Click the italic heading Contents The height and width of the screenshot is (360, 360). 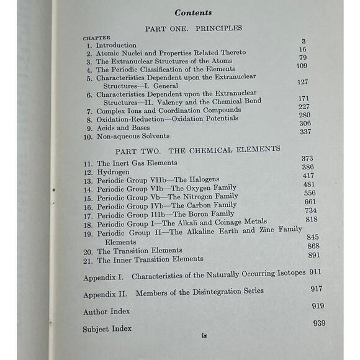tap(192, 12)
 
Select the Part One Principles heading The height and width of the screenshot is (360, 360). tap(193, 28)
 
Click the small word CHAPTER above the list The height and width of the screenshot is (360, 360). tap(97, 38)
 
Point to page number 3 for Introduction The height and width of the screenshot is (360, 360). tap(304, 41)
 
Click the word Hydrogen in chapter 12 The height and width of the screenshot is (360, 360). tap(114, 172)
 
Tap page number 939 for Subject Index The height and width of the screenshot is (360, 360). tap(319, 323)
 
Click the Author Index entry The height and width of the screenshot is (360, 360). tap(107, 312)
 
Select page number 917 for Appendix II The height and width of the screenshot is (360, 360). tap(317, 289)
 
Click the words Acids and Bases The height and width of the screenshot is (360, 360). tap(124, 127)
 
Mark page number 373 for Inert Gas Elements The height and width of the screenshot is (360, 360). tap(307, 159)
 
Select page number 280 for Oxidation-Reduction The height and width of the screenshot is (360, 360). tap(304, 114)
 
